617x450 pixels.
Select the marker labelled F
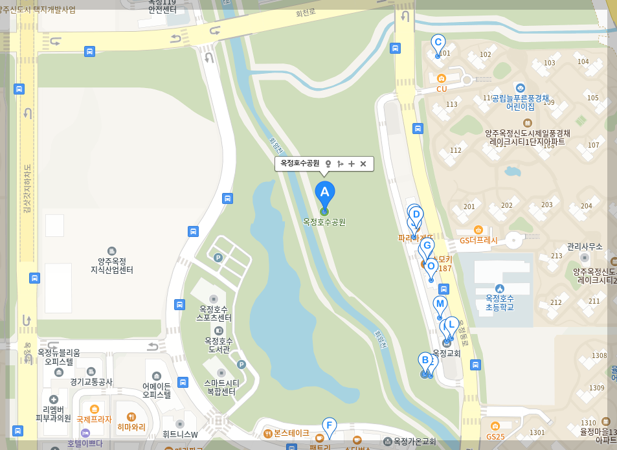coord(330,426)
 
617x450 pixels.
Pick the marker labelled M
coord(440,305)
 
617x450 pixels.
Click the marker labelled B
coord(425,361)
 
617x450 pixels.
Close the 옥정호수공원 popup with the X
coord(363,164)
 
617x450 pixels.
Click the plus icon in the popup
coord(352,164)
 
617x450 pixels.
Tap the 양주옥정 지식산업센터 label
coord(111,265)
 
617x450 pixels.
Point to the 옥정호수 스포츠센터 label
coord(214,313)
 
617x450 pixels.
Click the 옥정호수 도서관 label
coord(218,344)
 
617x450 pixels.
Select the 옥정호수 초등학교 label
coord(499,302)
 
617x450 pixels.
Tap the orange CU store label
coord(442,89)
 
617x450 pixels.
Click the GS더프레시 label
coord(478,240)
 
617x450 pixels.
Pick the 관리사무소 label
coord(585,247)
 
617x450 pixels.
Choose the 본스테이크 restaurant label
coord(291,433)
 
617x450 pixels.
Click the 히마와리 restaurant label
coord(131,427)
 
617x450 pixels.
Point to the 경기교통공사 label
coord(91,382)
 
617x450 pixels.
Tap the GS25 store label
coord(495,436)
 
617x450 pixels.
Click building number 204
coord(587,206)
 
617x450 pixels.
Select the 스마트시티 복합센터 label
coord(221,387)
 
